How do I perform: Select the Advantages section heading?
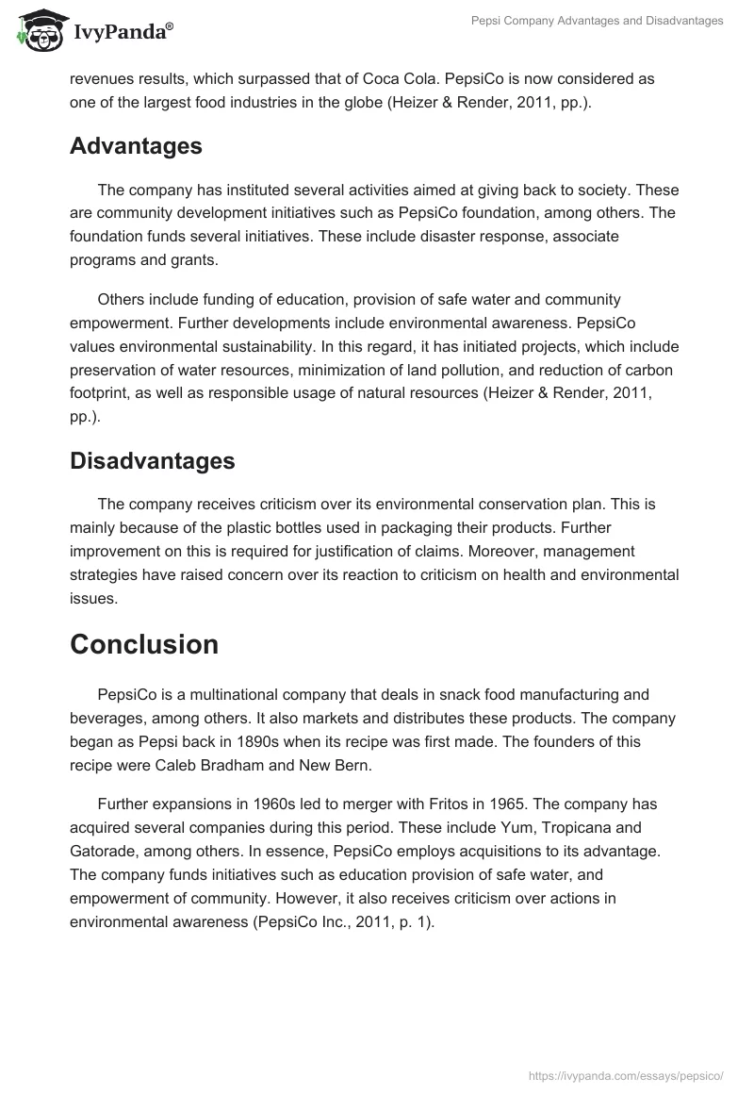click(136, 146)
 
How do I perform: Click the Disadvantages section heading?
click(152, 460)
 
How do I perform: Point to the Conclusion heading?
click(144, 644)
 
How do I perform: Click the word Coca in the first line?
click(538, 78)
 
